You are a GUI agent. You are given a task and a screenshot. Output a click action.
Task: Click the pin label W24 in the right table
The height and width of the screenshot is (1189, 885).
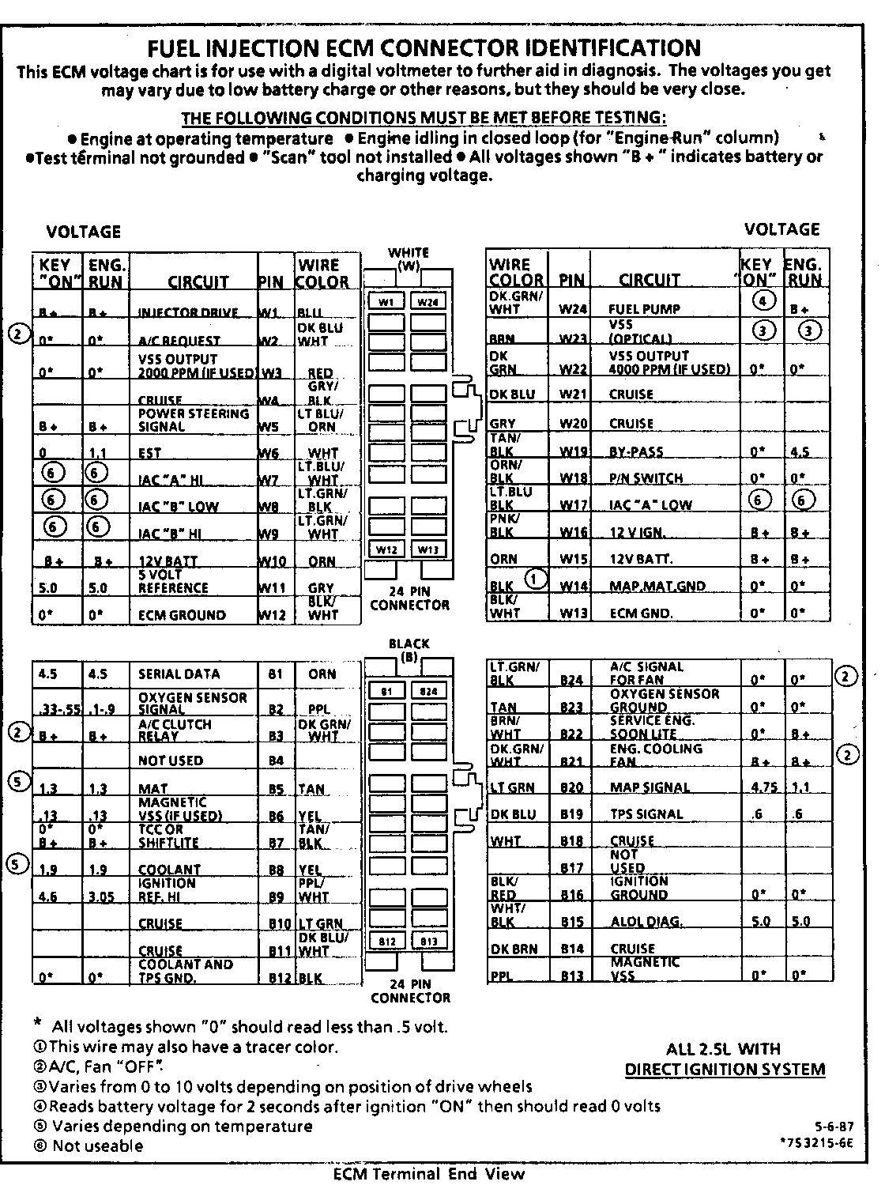(x=573, y=309)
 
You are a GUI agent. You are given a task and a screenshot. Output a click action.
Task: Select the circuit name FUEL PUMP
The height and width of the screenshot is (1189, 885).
(x=644, y=309)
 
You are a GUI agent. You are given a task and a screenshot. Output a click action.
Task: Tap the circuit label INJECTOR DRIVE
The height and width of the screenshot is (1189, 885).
(x=188, y=312)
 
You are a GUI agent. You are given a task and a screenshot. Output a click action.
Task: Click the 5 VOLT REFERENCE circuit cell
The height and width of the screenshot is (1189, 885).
(x=173, y=582)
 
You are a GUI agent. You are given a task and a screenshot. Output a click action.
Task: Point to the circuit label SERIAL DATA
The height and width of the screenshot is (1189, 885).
(x=179, y=674)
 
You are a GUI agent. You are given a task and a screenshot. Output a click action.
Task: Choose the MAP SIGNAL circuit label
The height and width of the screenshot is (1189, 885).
(x=650, y=787)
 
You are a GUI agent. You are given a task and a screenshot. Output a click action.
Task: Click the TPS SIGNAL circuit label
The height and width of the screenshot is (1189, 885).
(x=646, y=814)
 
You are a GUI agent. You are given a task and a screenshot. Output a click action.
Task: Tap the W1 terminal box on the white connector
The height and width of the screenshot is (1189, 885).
(x=387, y=301)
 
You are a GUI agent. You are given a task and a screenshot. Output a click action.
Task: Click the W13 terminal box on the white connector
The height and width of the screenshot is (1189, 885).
(x=428, y=549)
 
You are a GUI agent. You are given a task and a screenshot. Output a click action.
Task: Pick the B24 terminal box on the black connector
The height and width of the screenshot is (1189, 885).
(x=428, y=690)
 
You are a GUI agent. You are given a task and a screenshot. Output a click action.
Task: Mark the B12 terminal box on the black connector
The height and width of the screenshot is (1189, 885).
(x=387, y=941)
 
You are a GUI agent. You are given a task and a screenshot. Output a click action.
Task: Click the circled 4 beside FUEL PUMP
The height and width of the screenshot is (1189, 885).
(x=762, y=300)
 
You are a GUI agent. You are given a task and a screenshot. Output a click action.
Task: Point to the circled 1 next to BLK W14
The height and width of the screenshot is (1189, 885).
(x=536, y=579)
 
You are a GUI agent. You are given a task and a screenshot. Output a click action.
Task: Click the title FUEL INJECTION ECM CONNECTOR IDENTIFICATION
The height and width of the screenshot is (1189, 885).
(x=424, y=48)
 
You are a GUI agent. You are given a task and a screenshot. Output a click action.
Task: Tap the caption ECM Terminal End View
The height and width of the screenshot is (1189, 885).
(x=428, y=1174)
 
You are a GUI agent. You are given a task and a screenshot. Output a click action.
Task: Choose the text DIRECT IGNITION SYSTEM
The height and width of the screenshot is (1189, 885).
(x=725, y=1070)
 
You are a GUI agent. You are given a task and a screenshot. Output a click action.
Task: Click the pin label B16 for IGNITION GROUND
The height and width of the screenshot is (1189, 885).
(x=571, y=895)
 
